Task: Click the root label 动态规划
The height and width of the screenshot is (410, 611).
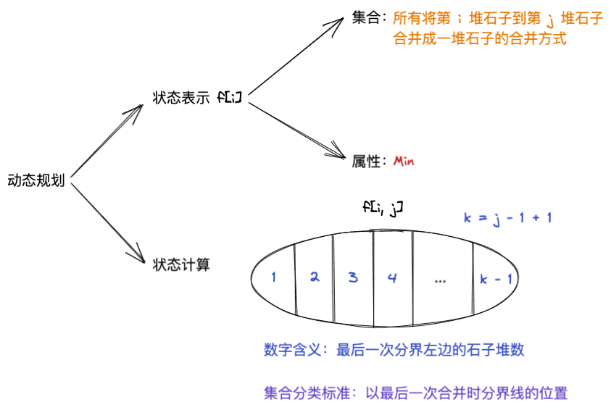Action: point(36,180)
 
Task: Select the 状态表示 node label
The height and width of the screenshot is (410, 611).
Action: point(180,98)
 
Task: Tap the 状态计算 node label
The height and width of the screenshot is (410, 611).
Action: point(180,264)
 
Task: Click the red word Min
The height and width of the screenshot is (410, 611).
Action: point(403,161)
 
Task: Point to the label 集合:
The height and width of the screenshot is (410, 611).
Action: point(370,19)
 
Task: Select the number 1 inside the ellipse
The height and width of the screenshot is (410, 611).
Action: point(273,277)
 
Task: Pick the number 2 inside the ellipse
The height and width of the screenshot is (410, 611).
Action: point(314,277)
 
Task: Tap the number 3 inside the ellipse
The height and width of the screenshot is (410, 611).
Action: point(353,277)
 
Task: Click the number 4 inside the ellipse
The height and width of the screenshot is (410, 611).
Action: point(392,277)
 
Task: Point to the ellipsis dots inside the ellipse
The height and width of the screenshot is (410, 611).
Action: point(440,280)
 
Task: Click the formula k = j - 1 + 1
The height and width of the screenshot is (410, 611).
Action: point(507,217)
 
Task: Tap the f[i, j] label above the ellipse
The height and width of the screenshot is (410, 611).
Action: point(382,208)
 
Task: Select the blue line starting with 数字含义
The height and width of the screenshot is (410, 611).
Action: point(394,351)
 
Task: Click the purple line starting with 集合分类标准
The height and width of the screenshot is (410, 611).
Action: point(415,393)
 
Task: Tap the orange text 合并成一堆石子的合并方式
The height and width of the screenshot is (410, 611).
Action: point(479,38)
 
